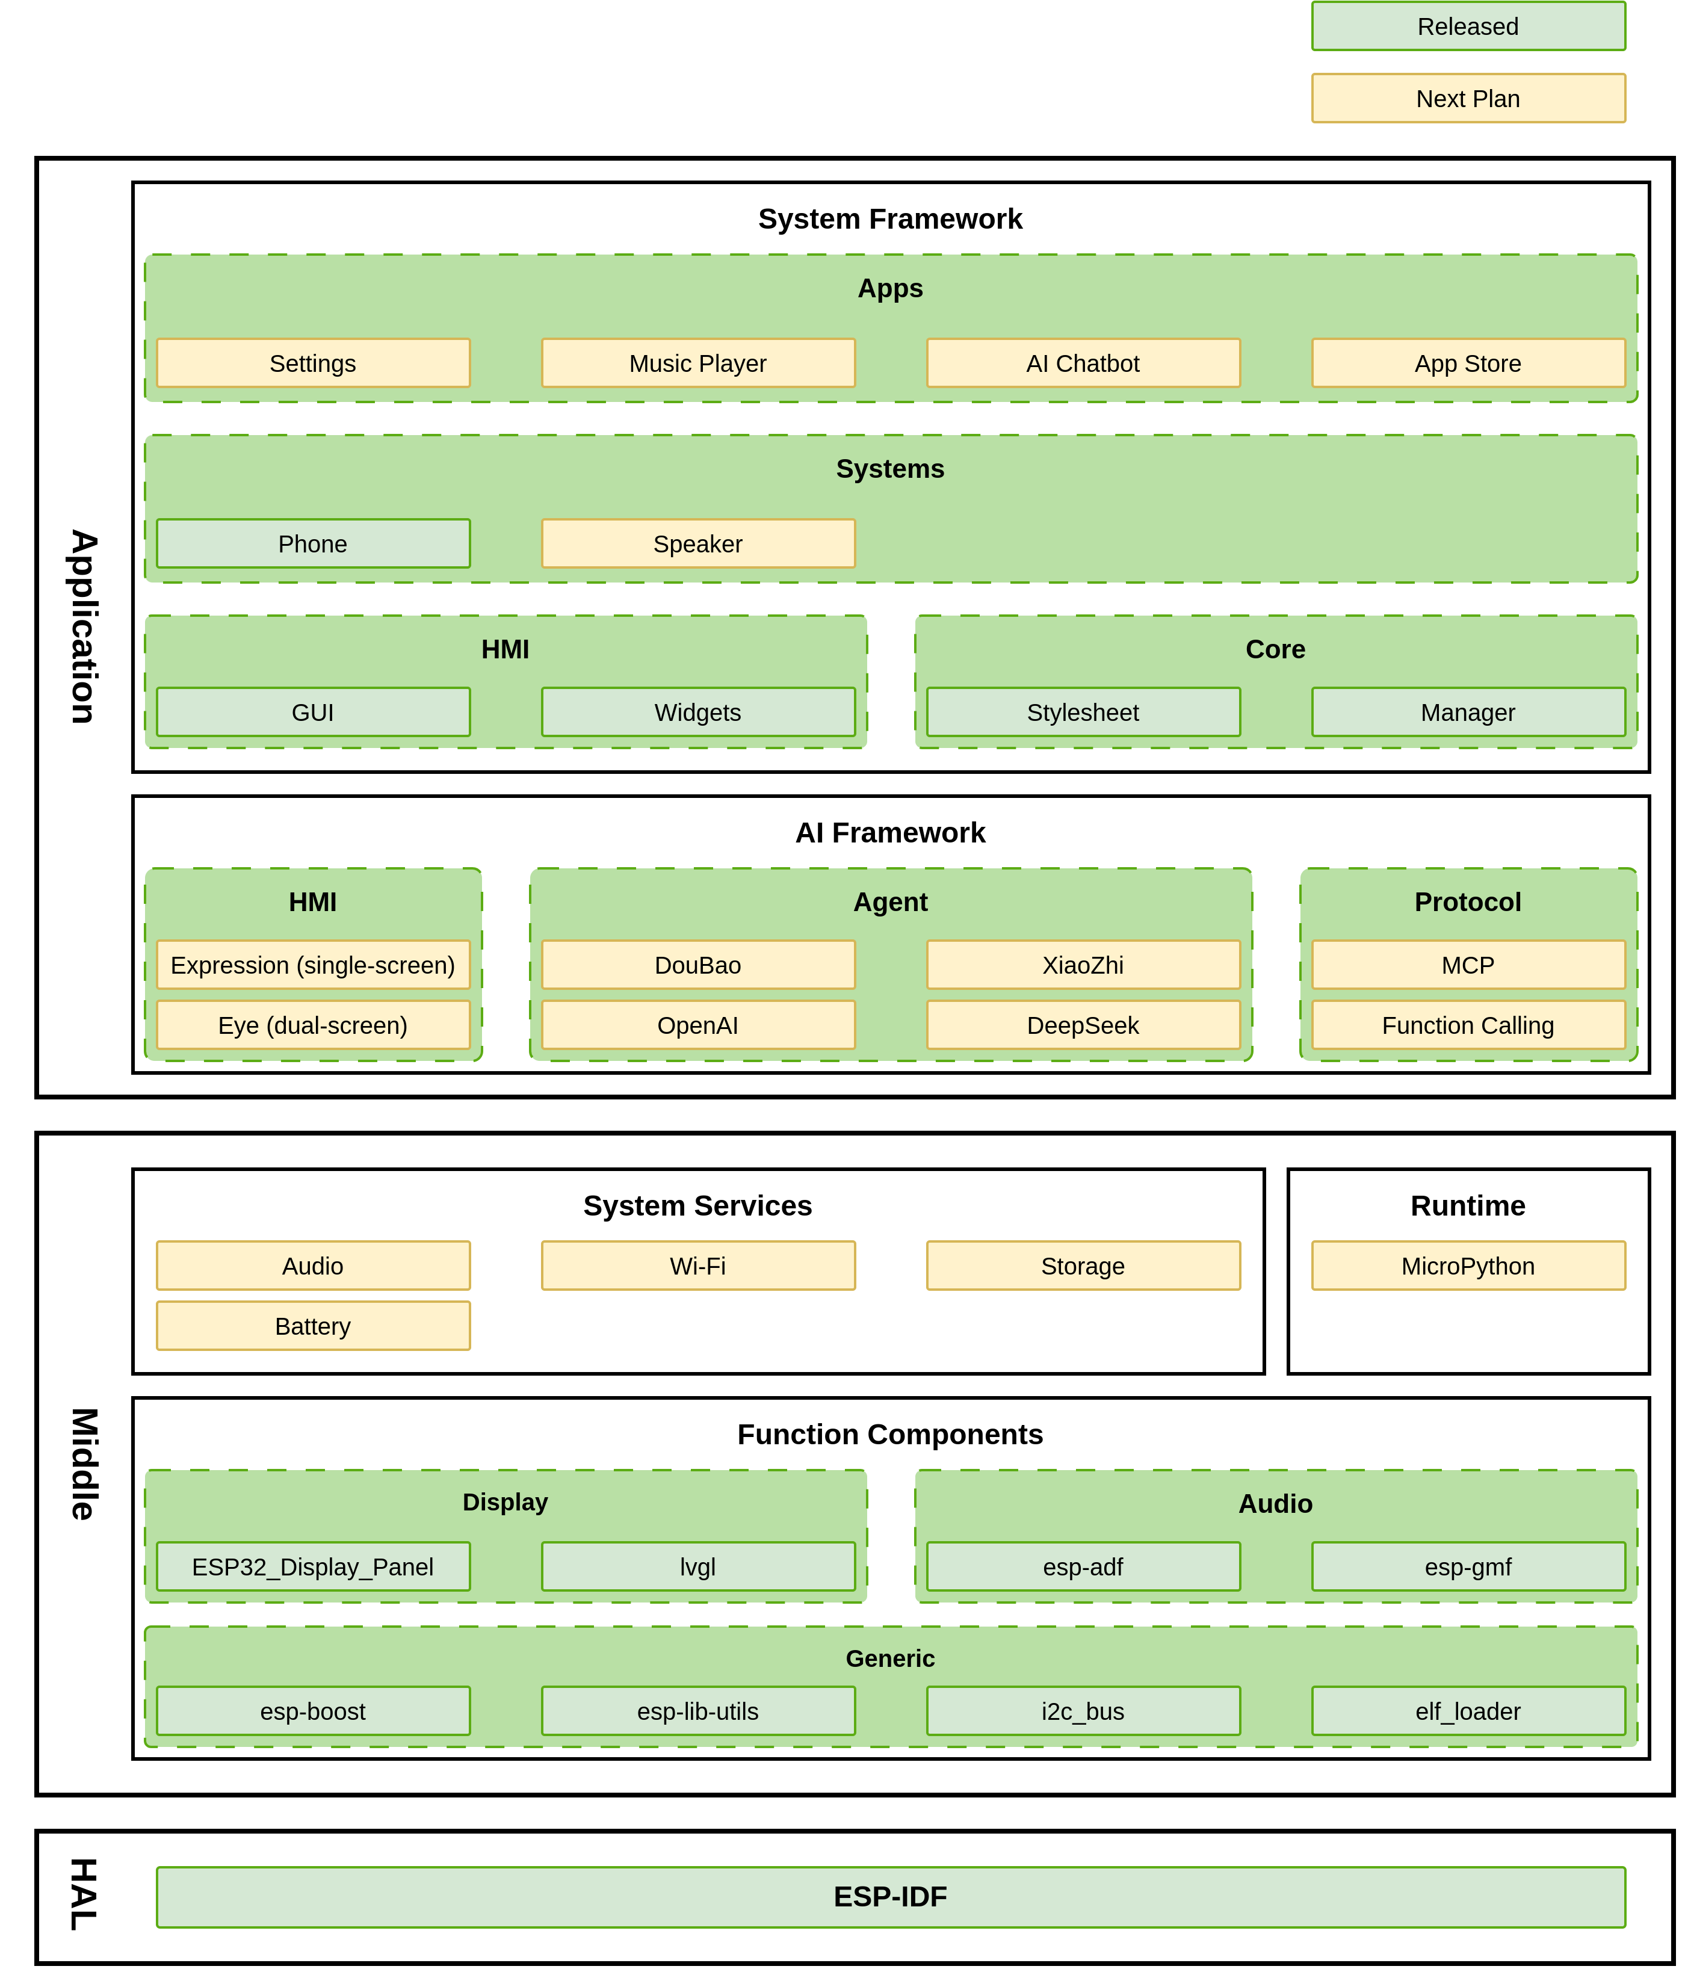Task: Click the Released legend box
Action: pos(1468,26)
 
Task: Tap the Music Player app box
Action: pos(697,363)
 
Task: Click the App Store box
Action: pos(1468,363)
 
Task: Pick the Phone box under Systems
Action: pos(312,543)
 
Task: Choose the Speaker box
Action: pos(697,543)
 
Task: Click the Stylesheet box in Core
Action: pos(1083,712)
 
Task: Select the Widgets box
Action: pos(697,712)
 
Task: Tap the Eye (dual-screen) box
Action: pos(312,1025)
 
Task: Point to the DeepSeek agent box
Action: pos(1083,1025)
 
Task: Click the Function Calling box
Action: pos(1468,1025)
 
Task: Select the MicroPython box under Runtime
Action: pos(1468,1266)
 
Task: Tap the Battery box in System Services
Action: pos(312,1326)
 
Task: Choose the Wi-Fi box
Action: pos(697,1266)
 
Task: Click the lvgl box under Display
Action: pos(697,1566)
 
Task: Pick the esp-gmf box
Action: pos(1468,1566)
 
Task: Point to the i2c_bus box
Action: pos(1083,1711)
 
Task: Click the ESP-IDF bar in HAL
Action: pos(890,1897)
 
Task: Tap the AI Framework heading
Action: pos(890,832)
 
